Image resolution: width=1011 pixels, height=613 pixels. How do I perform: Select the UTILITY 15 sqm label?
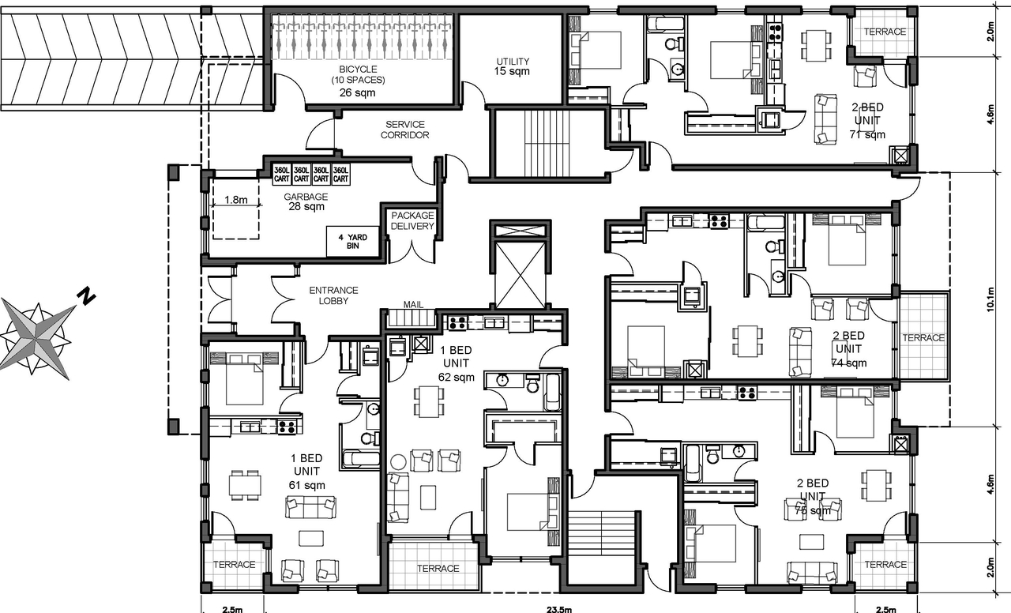pos(512,66)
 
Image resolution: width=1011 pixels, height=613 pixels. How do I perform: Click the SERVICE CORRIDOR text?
pos(406,130)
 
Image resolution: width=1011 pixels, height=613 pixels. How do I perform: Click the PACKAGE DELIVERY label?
pos(412,220)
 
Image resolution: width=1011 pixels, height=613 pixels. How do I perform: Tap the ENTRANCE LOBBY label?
pos(333,295)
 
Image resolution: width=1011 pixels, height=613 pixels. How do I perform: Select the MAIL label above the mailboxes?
pos(413,303)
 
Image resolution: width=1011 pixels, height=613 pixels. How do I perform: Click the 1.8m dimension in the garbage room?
pos(235,200)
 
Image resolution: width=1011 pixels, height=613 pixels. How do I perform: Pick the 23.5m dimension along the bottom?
pos(558,608)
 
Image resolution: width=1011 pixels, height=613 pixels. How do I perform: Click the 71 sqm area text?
pos(867,135)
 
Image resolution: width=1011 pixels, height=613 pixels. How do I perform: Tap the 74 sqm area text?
pos(848,363)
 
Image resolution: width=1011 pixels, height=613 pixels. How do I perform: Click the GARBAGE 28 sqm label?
pos(306,201)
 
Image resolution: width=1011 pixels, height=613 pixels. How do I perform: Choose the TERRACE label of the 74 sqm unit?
pos(923,337)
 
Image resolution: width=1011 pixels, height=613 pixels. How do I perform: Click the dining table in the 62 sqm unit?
pos(428,401)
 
